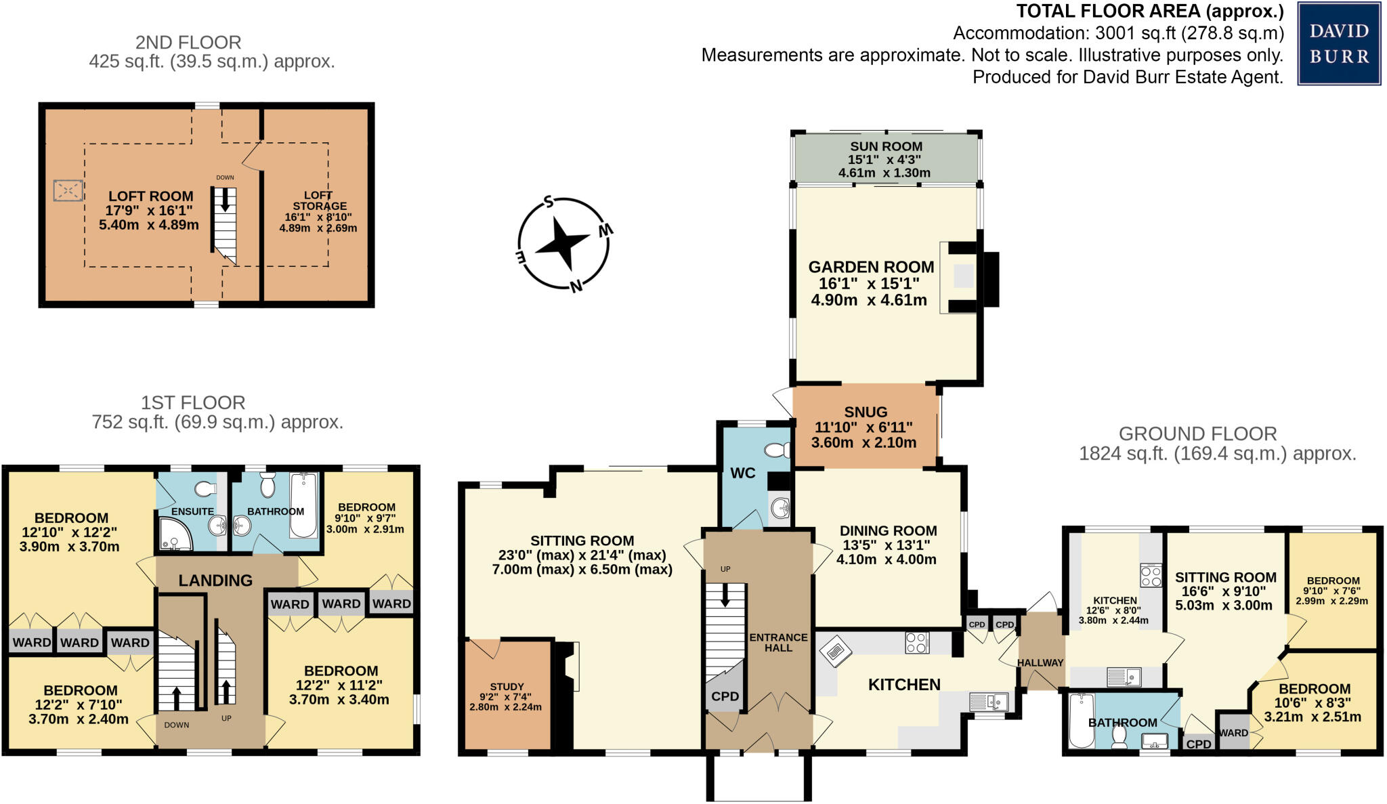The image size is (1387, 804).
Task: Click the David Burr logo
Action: [x=1338, y=43]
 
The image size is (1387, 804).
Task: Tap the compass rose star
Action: [x=562, y=242]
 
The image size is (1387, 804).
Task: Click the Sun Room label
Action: [x=886, y=146]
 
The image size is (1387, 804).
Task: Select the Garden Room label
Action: [x=871, y=267]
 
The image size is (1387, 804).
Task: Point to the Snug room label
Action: [x=866, y=412]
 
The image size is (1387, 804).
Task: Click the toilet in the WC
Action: [x=777, y=450]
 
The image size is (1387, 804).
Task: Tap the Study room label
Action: [x=507, y=687]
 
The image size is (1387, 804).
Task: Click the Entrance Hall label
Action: [x=778, y=642]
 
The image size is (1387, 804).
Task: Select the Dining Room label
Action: [x=888, y=531]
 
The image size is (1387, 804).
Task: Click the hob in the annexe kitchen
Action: [x=1151, y=576]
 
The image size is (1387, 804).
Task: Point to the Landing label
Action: [x=215, y=580]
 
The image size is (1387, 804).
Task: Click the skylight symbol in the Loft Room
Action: [x=68, y=190]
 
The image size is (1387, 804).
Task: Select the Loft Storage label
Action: [x=320, y=200]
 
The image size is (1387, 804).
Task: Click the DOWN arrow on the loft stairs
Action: [x=225, y=200]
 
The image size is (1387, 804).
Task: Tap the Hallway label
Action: [x=1040, y=662]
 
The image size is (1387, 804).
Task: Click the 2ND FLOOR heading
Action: [x=188, y=43]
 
